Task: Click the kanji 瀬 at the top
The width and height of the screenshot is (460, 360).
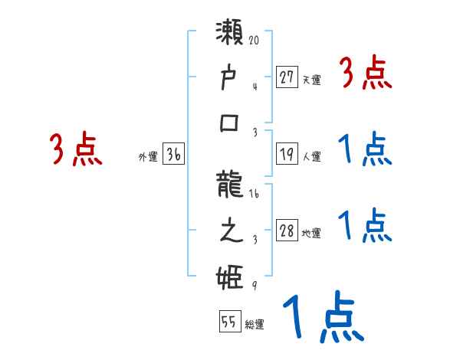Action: coord(231,34)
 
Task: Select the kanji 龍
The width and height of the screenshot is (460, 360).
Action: coord(231,185)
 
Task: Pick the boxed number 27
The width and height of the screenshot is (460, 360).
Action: coord(287,77)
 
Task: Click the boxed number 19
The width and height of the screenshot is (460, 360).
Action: coord(287,154)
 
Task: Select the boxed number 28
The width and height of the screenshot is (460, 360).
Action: coord(287,231)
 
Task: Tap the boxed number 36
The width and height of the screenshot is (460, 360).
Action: coord(173,154)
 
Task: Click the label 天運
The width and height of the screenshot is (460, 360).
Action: coord(311,79)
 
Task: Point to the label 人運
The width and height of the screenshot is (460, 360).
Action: coord(311,156)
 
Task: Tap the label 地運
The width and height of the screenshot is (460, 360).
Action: coord(311,234)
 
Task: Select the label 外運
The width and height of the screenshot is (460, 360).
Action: coord(147,156)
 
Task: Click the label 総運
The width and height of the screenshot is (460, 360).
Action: coord(255,325)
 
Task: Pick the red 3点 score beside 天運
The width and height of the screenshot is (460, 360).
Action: coord(366,74)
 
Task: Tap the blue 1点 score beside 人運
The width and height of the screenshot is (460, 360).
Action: coord(365,149)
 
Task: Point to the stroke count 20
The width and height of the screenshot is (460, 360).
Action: coord(256,36)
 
